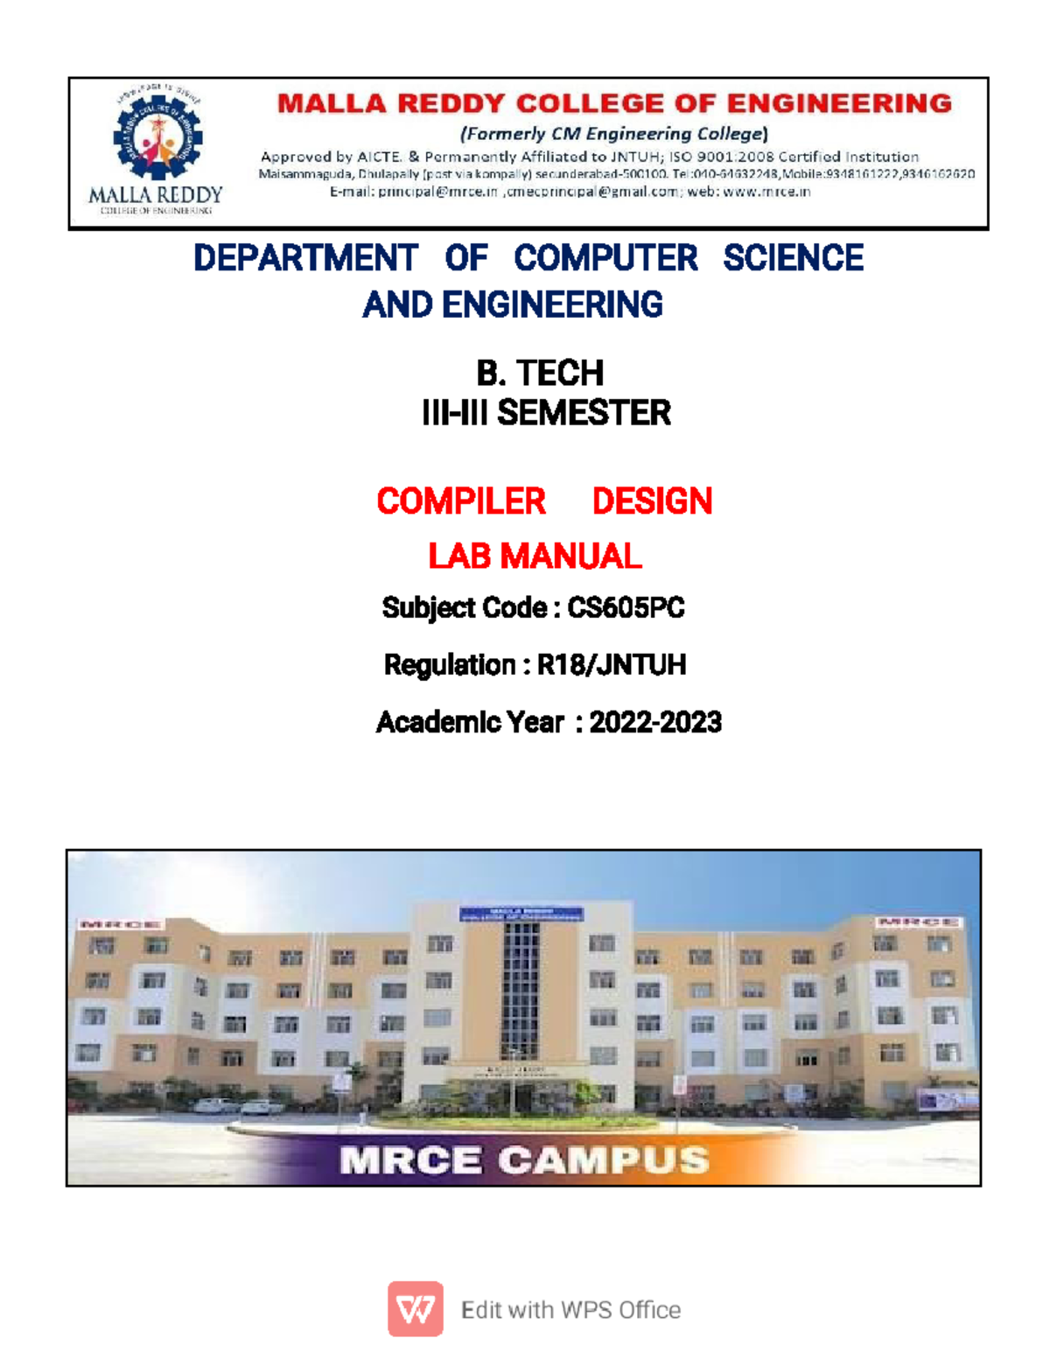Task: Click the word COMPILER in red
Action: [x=461, y=501]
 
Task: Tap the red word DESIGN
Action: [x=652, y=501]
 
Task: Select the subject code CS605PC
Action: [x=626, y=607]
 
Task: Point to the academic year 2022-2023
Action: [x=655, y=722]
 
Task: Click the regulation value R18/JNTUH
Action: [x=612, y=665]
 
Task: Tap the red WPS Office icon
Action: [x=416, y=1309]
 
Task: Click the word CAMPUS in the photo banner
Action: [x=604, y=1160]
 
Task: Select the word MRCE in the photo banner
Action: [x=410, y=1160]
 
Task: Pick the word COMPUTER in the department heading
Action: [x=605, y=258]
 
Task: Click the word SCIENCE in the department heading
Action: [x=793, y=258]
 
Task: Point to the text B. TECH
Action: [x=540, y=373]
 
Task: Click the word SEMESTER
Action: [x=584, y=413]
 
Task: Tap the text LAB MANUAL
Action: [x=535, y=556]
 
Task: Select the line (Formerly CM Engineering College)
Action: [x=614, y=134]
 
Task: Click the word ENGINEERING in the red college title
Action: [x=839, y=103]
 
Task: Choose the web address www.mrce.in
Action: [x=766, y=192]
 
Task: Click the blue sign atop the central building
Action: [x=521, y=914]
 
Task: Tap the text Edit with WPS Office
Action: [x=570, y=1310]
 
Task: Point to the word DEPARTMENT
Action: [x=305, y=258]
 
